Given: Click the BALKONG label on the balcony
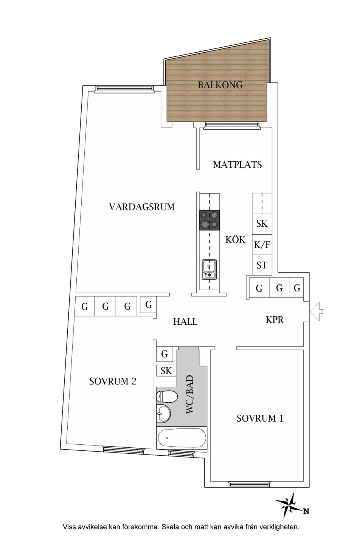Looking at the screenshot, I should [x=220, y=85].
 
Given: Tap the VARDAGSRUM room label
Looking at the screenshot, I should [x=141, y=207].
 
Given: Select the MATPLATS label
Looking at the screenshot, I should [x=237, y=165].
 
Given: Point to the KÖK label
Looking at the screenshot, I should [x=235, y=240].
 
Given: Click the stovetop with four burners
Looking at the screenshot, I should [x=209, y=220].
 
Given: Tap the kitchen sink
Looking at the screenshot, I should [x=209, y=269].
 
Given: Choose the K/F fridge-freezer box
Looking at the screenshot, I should [x=262, y=245].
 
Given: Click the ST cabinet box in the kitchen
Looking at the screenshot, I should [x=262, y=265].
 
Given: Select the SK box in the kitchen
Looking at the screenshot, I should [x=262, y=224].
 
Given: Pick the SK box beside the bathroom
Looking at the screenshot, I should [x=166, y=371].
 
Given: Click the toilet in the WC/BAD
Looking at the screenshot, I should [x=166, y=397].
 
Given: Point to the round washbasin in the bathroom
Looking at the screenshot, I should [x=164, y=414].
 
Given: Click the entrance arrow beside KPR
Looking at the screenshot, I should [x=316, y=311].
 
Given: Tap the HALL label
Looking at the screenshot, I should [x=185, y=322].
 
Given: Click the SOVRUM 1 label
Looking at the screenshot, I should [x=260, y=418].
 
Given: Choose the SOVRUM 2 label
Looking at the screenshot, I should [x=112, y=381].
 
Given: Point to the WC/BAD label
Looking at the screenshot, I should [x=190, y=394].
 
